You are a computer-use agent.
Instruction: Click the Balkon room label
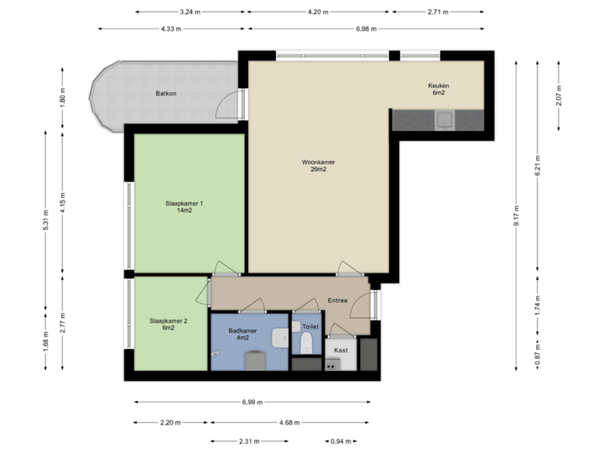pos(166,93)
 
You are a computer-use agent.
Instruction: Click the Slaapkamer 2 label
pos(169,320)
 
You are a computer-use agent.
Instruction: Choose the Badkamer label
pos(242,331)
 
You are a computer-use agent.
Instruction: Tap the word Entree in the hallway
pos(337,299)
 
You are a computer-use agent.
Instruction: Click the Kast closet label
pos(341,350)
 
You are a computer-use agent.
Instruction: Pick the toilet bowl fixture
pos(306,342)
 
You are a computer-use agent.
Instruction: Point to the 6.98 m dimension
pos(367,29)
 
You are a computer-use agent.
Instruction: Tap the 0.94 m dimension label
pos(340,440)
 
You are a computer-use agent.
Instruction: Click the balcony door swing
pos(227,107)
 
